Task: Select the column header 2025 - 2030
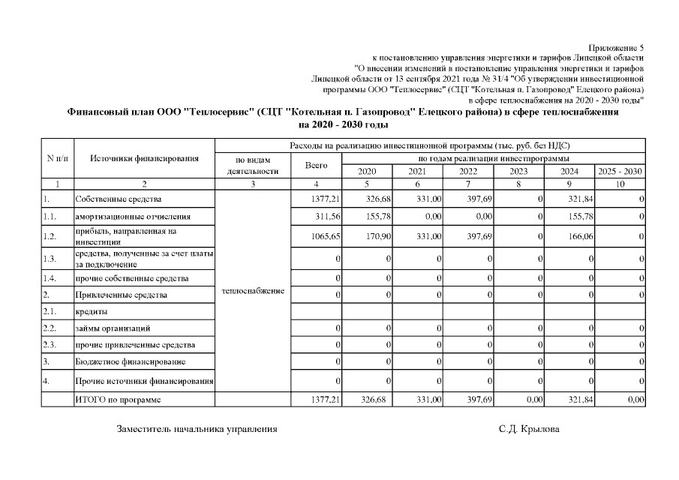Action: tap(620, 171)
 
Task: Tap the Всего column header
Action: tap(316, 165)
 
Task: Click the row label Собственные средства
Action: tap(118, 199)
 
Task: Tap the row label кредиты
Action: tap(90, 311)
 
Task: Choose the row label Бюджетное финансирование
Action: tap(125, 362)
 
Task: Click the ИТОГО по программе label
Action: tap(118, 400)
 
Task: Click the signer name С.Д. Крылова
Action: tap(528, 429)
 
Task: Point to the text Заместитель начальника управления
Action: tap(197, 429)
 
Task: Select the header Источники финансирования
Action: tap(144, 158)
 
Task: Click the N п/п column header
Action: tap(57, 158)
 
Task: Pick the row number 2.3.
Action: tap(50, 345)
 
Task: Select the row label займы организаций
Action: tap(113, 328)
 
